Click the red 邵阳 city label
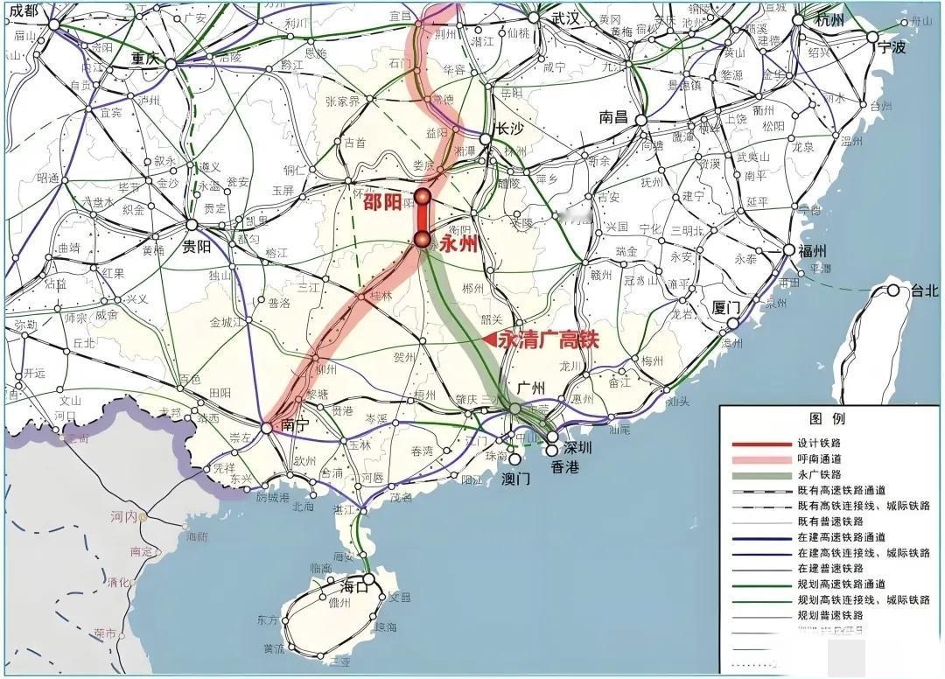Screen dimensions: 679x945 pyautogui.click(x=382, y=201)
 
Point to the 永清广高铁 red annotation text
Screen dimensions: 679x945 pyautogui.click(x=548, y=339)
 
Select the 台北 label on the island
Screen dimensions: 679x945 pyautogui.click(x=922, y=290)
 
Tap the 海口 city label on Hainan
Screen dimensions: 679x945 pyautogui.click(x=347, y=586)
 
